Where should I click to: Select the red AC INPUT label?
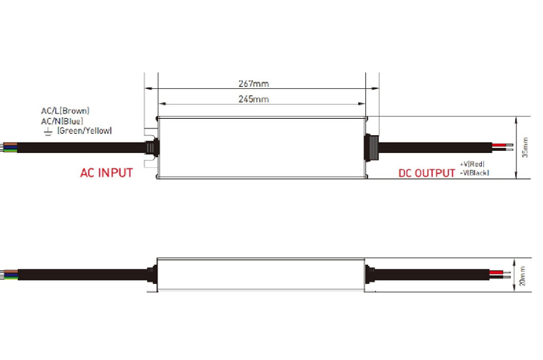[x=106, y=173]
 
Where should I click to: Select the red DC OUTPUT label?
[x=426, y=173]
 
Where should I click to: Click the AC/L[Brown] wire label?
[x=65, y=110]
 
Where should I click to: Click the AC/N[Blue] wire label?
[x=62, y=120]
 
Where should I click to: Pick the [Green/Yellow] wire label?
[x=85, y=130]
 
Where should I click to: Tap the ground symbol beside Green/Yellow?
[x=48, y=130]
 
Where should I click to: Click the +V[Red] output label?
[x=472, y=164]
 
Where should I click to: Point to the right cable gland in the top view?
[x=372, y=147]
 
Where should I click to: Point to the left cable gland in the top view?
[x=151, y=147]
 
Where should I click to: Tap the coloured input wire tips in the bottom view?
[x=8, y=275]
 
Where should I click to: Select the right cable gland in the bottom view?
[x=371, y=275]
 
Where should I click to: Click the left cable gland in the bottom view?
[x=151, y=275]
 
